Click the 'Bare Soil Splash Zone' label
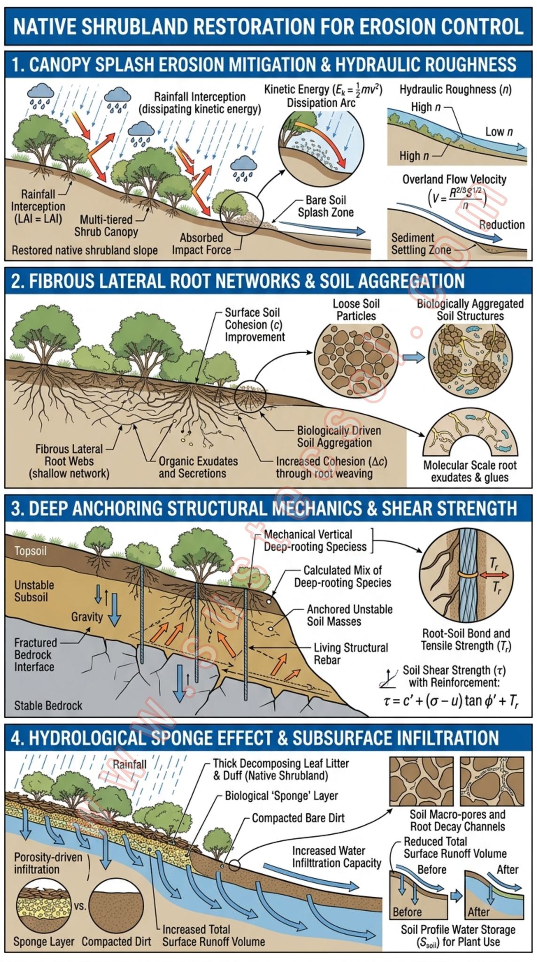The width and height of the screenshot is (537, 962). (x=326, y=206)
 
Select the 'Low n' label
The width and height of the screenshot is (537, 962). (x=499, y=132)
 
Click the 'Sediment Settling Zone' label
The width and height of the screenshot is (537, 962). (x=421, y=244)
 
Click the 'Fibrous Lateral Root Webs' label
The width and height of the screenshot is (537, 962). (x=69, y=461)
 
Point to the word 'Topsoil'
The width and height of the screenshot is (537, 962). (x=31, y=551)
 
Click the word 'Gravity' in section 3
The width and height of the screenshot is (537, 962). (x=87, y=617)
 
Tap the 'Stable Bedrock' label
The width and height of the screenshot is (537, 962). (x=48, y=706)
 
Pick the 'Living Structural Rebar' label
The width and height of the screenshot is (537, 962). (x=350, y=653)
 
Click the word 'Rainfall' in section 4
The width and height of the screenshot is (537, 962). (x=130, y=764)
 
